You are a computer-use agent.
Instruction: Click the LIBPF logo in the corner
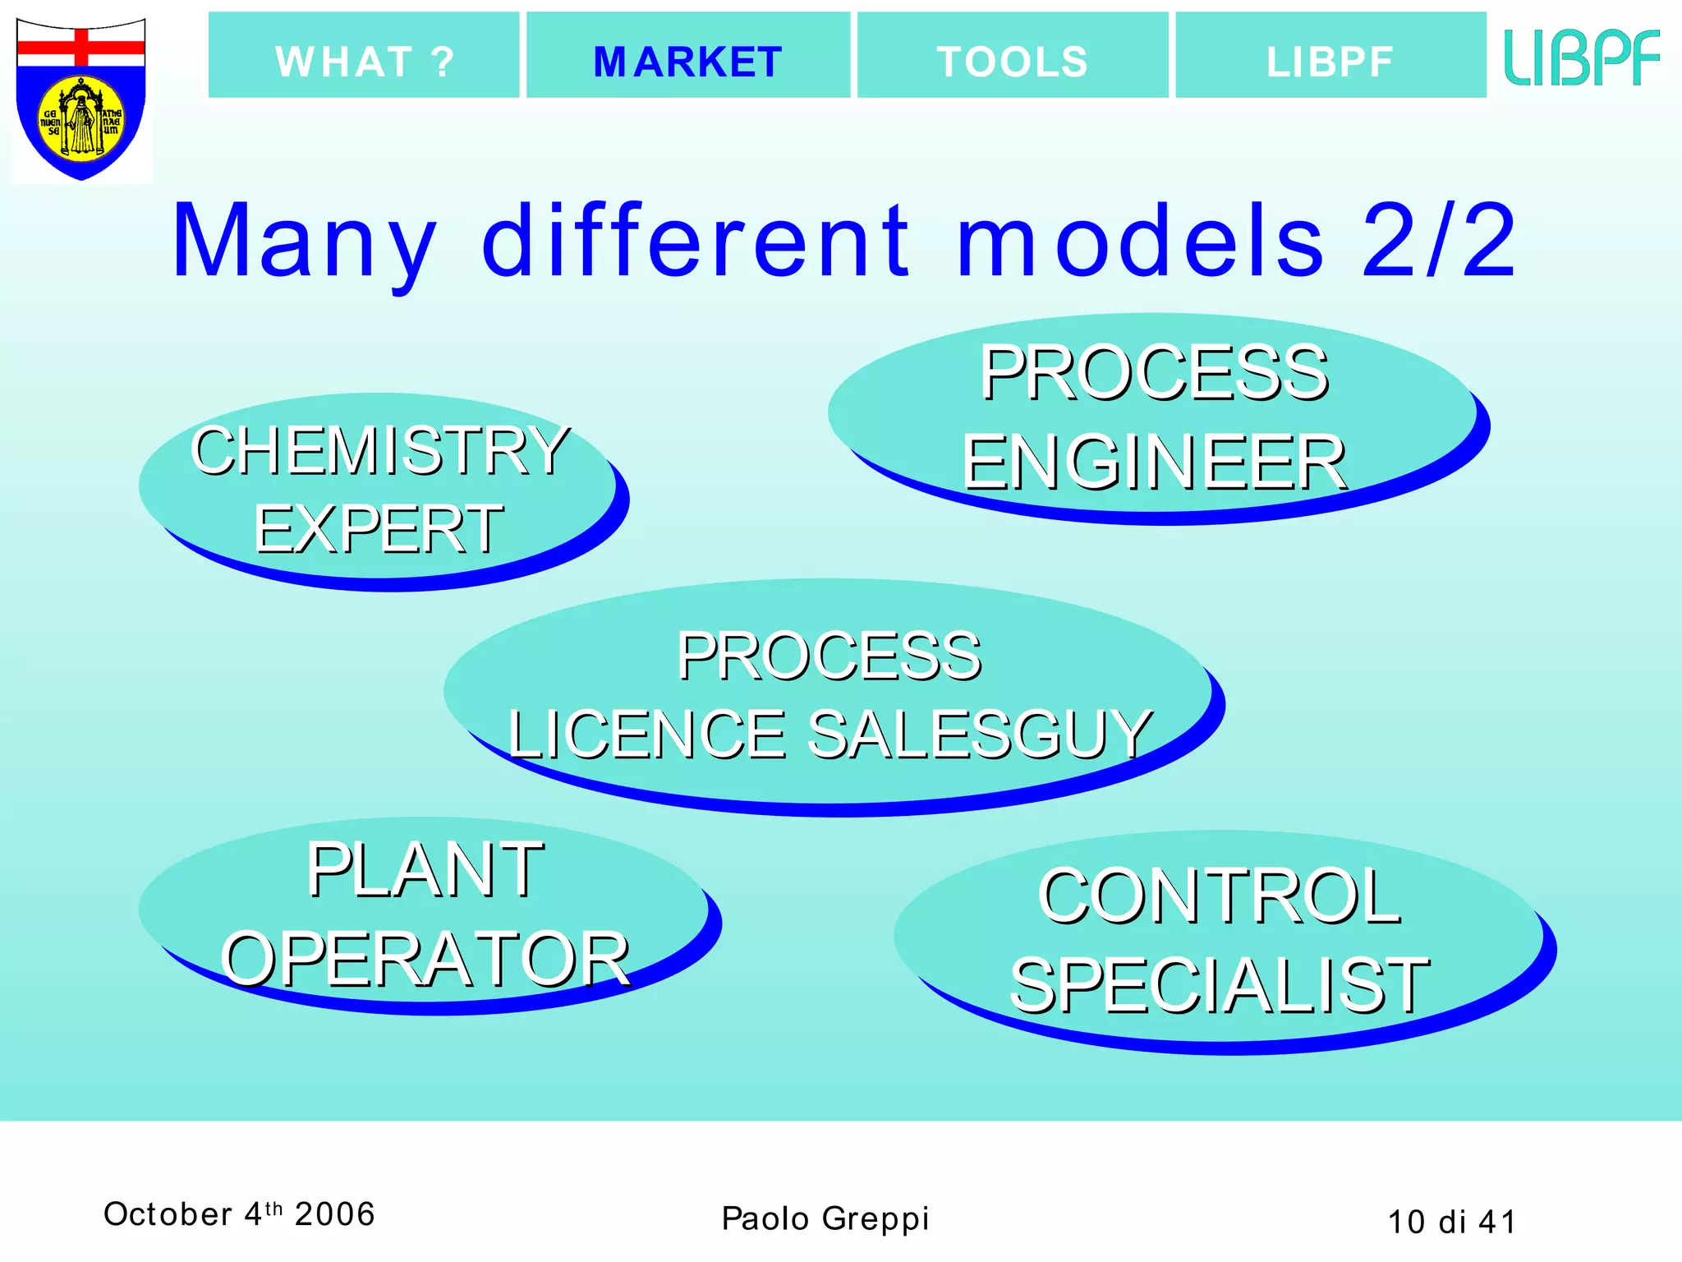[x=1582, y=58]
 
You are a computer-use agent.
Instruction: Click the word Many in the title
[x=304, y=242]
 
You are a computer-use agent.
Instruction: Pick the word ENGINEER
[x=1154, y=463]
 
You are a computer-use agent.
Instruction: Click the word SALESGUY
[x=981, y=734]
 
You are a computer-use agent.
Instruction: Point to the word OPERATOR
[x=425, y=959]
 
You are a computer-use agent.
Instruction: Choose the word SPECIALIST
[x=1219, y=985]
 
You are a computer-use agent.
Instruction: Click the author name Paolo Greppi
[x=825, y=1218]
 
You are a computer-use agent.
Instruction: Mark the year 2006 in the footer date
[x=335, y=1214]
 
